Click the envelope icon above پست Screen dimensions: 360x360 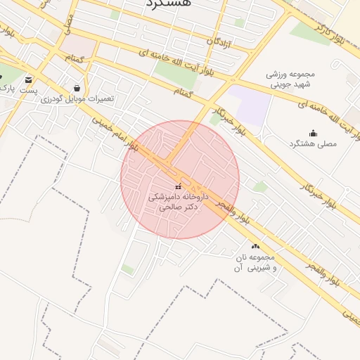(28, 79)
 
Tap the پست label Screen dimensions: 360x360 (28, 91)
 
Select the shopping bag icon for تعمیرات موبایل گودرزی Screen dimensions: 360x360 (77, 88)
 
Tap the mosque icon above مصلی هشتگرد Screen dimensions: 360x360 (313, 133)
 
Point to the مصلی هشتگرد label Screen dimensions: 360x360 (313, 143)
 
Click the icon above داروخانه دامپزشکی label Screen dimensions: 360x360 (177, 186)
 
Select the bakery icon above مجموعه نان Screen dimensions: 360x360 (255, 247)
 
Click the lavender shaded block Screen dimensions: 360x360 (250, 105)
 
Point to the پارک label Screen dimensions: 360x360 (7, 87)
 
